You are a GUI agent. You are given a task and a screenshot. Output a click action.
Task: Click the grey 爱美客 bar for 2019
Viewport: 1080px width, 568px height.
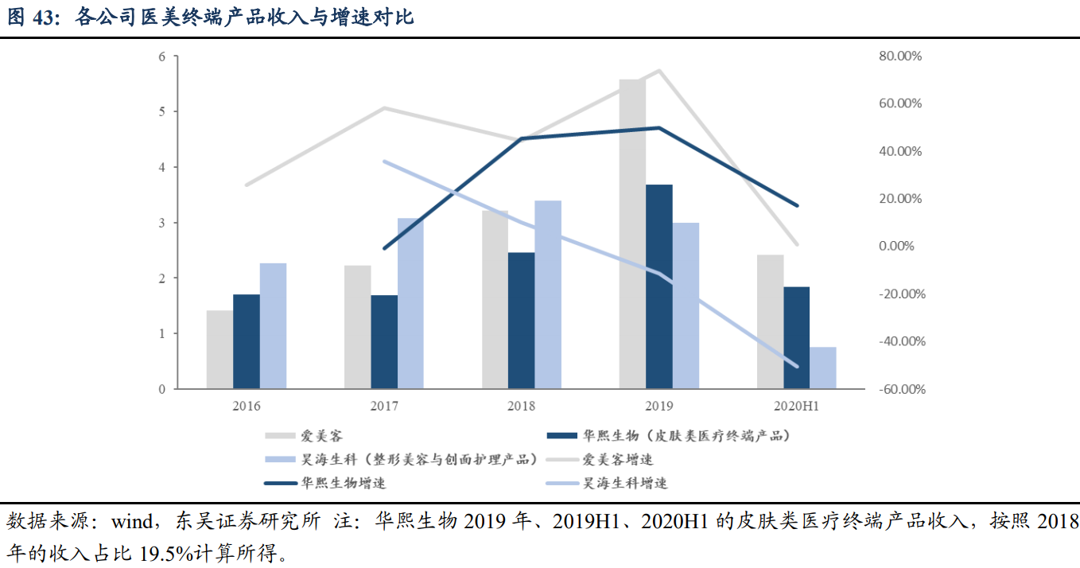point(632,234)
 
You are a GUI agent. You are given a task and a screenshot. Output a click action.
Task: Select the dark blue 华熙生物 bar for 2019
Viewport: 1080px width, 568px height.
point(659,286)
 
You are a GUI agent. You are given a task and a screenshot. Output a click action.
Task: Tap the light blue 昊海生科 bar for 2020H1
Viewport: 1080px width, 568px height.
point(823,368)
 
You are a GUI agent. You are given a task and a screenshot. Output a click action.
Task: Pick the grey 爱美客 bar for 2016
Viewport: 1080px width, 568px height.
point(219,349)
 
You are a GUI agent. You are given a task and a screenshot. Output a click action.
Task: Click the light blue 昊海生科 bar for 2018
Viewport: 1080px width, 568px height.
point(548,294)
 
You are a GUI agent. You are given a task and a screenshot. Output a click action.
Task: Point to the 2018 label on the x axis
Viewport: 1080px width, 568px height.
point(522,406)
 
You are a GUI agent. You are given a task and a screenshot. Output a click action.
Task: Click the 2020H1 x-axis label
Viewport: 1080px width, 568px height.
point(796,406)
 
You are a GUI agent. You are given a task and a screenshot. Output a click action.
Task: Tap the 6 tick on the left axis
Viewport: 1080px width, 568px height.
point(162,56)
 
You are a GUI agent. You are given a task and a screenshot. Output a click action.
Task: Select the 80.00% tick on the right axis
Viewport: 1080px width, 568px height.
point(899,56)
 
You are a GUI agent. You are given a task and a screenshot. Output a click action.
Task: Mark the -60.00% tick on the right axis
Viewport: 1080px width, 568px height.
point(899,389)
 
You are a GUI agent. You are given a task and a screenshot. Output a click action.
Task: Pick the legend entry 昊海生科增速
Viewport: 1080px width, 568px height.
point(624,483)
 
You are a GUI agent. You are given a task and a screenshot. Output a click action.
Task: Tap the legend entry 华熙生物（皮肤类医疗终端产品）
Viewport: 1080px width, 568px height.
point(686,435)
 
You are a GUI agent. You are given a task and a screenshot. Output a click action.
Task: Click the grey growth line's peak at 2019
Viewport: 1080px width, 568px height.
point(659,71)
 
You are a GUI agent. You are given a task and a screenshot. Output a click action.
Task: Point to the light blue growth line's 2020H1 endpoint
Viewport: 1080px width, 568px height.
point(796,366)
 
